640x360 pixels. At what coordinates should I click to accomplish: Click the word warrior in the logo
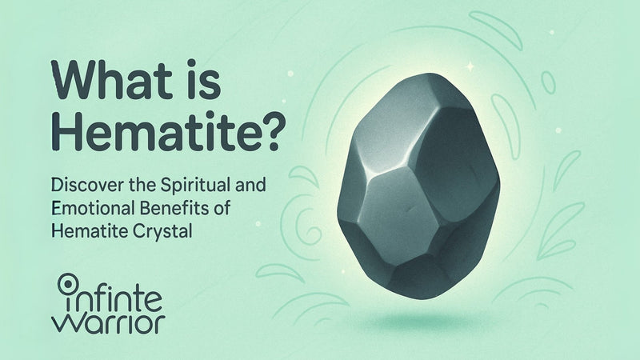[108, 322]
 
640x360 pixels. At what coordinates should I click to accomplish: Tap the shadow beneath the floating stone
[415, 322]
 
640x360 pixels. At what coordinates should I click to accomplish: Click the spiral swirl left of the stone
[312, 224]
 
